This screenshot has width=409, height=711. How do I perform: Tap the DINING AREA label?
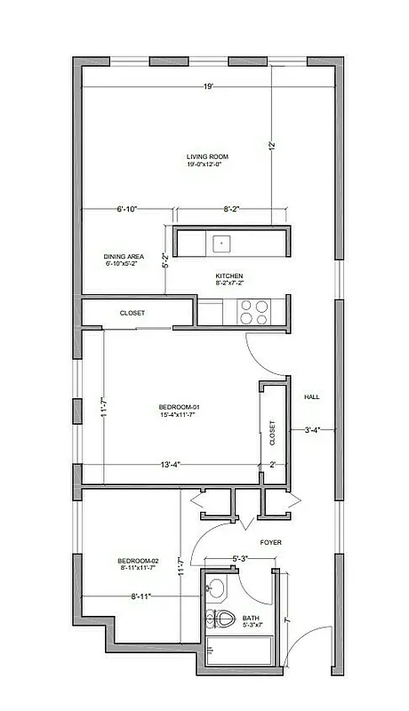(x=124, y=256)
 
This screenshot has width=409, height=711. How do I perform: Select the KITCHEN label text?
(x=229, y=276)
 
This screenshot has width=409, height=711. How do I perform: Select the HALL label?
(x=312, y=396)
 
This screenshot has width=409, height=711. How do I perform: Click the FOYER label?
(x=271, y=542)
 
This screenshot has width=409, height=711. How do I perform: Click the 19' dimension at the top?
(x=208, y=86)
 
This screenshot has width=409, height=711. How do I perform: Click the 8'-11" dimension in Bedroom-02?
(x=139, y=596)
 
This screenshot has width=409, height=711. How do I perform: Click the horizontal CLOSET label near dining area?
(x=132, y=313)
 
